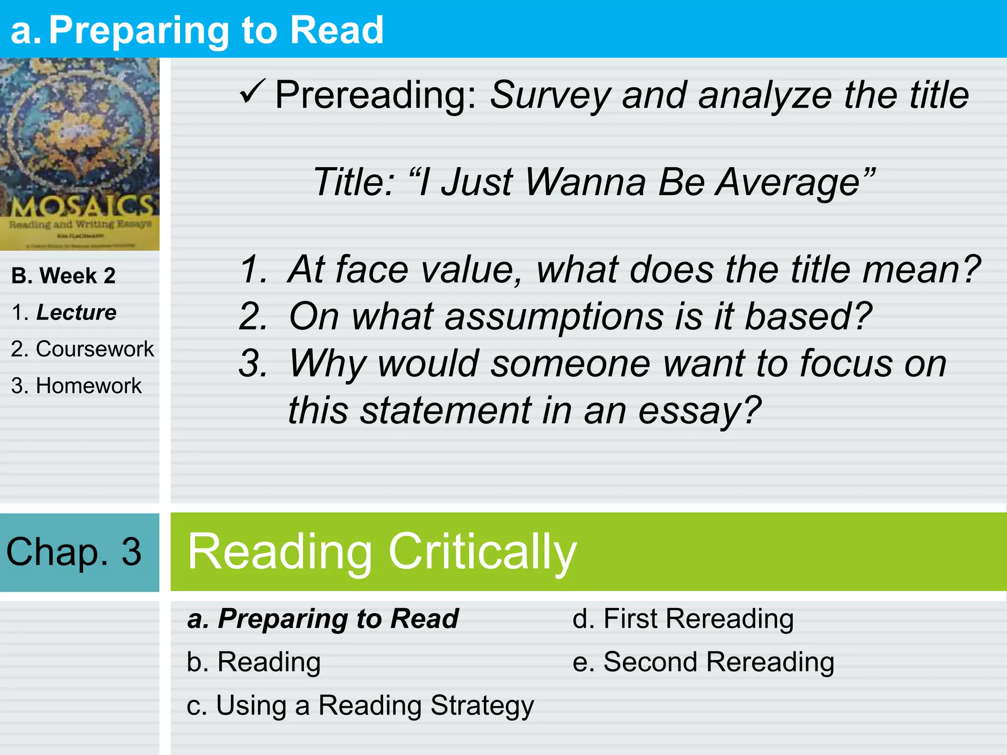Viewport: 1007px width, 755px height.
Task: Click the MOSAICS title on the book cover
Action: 81,206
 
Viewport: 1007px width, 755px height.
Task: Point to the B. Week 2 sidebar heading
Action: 63,276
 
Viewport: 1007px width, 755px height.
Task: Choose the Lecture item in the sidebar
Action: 76,313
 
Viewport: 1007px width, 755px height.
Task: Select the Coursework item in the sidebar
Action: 94,349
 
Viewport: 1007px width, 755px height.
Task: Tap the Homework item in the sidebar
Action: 89,386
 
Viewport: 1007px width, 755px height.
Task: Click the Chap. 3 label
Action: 74,552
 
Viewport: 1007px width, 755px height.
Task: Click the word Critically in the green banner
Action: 482,552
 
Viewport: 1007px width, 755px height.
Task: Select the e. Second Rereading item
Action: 703,662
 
